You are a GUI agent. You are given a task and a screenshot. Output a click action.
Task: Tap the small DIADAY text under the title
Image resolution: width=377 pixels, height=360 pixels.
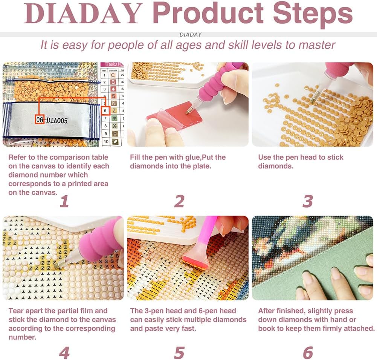click(x=191, y=35)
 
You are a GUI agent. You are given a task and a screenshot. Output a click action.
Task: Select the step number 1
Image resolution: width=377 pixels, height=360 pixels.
click(x=64, y=201)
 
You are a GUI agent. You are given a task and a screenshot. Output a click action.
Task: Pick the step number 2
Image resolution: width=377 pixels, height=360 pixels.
click(x=179, y=201)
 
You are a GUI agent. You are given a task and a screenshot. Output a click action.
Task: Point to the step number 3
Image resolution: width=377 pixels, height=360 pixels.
click(x=308, y=201)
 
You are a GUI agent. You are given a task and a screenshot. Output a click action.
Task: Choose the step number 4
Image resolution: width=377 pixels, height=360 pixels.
click(x=64, y=353)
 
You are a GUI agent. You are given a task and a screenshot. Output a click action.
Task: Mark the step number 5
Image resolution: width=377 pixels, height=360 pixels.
click(x=179, y=353)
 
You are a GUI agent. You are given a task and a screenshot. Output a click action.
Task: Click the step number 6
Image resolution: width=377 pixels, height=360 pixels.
click(x=308, y=353)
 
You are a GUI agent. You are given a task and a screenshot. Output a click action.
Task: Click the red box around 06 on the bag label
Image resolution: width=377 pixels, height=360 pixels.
click(x=40, y=119)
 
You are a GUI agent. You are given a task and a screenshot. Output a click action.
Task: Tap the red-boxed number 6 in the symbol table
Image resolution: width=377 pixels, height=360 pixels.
click(x=105, y=111)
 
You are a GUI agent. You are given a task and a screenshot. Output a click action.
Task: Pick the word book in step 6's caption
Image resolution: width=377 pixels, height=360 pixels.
click(x=266, y=328)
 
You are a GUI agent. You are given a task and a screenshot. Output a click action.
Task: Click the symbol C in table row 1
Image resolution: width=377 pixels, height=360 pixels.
click(x=113, y=75)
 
